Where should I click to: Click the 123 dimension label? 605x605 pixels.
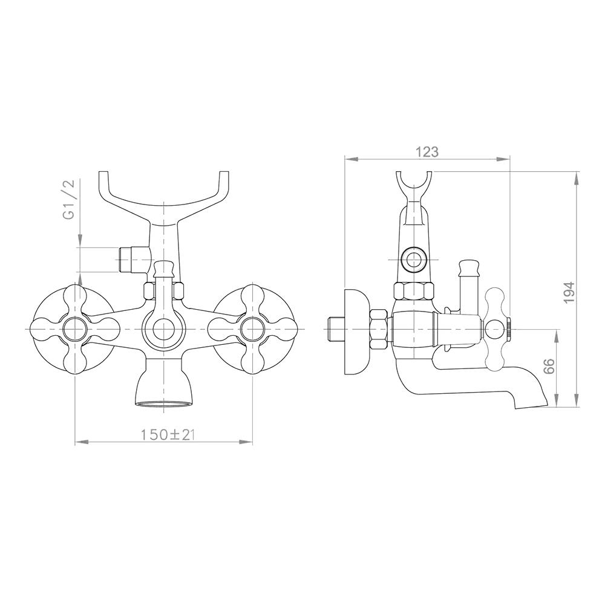(x=428, y=152)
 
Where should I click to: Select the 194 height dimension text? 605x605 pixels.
(x=569, y=292)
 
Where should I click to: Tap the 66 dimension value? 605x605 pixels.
(x=548, y=366)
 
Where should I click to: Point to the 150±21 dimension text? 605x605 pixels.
(x=166, y=435)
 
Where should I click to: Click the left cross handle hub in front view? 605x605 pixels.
(x=74, y=329)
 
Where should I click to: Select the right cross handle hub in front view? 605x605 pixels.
(x=252, y=329)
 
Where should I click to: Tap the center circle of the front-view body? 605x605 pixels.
(x=164, y=329)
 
